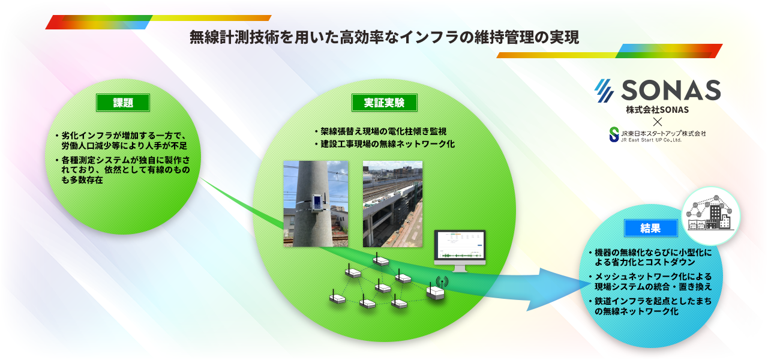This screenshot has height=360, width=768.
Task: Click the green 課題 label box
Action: (123, 103)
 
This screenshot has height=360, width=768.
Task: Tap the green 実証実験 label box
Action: (385, 103)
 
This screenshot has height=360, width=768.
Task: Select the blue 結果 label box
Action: (651, 228)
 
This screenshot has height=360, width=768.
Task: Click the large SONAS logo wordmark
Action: (658, 91)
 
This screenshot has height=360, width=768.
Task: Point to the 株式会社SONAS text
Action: (657, 110)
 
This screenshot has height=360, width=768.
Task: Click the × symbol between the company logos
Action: (657, 122)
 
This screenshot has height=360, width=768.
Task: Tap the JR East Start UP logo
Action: (657, 135)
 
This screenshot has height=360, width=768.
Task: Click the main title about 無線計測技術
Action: (384, 37)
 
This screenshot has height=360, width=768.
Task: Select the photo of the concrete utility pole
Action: (316, 203)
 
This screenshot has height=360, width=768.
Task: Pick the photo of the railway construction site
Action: (392, 203)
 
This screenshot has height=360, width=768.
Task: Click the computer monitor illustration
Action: (460, 250)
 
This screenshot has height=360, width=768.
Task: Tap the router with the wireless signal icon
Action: (436, 290)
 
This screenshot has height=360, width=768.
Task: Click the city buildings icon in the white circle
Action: (710, 216)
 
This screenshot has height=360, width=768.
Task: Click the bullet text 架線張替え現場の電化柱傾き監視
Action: (380, 131)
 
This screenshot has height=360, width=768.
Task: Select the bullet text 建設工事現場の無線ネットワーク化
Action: (385, 144)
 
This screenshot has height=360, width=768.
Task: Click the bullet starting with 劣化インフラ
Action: (121, 140)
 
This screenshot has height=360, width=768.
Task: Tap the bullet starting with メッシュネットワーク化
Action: (650, 281)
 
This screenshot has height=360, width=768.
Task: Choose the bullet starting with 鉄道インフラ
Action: (650, 306)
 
